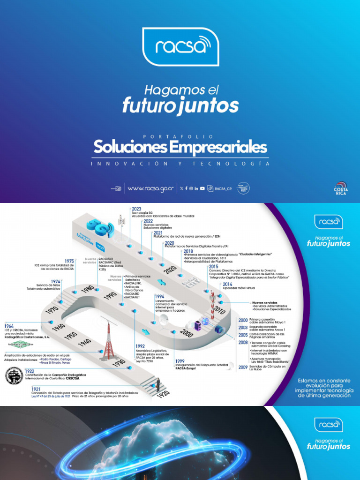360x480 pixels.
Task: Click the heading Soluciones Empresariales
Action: [x=180, y=148]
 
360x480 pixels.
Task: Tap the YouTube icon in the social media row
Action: [x=202, y=188]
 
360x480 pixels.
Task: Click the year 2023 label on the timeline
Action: [x=136, y=209]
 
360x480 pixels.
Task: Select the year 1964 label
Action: [x=9, y=326]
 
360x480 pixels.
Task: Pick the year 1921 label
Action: [x=36, y=389]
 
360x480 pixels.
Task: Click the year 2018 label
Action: [x=189, y=251]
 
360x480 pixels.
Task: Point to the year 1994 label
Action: [x=159, y=297]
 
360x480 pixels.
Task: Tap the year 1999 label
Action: [x=180, y=361]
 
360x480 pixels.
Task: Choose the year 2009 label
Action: [x=243, y=367]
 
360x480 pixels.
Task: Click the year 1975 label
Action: [x=69, y=261]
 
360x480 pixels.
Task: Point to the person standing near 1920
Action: [x=158, y=384]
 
